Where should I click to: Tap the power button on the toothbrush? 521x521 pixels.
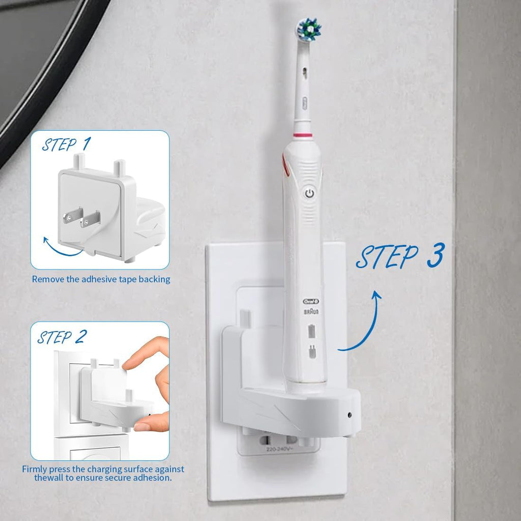click(x=309, y=193)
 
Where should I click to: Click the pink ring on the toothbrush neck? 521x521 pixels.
click(x=303, y=135)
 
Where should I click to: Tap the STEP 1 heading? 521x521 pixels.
click(x=66, y=145)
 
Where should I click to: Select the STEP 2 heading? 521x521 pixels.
click(x=62, y=337)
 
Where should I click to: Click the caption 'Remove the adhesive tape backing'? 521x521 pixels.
click(x=101, y=279)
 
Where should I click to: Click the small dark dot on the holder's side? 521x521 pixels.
click(x=349, y=415)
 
